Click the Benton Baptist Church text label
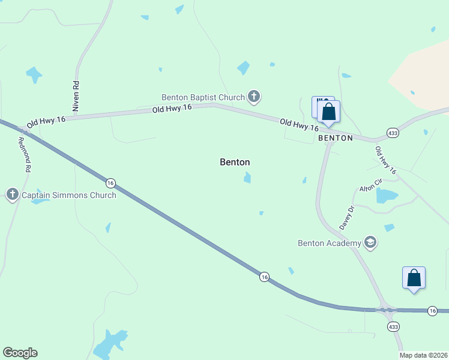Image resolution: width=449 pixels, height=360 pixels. coord(203,97)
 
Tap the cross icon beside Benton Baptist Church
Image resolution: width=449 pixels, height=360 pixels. coord(254,96)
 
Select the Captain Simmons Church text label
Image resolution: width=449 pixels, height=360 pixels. coord(69,195)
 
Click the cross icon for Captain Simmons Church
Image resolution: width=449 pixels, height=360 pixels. coord(13,194)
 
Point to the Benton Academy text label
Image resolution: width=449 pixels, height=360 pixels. coord(330,243)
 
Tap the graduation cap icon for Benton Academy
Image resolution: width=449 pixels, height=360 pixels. coord(370,243)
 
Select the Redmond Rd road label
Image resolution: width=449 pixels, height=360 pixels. coord(24,155)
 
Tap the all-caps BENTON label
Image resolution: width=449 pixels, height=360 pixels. coord(336,138)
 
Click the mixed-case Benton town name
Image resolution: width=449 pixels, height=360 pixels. coord(235,162)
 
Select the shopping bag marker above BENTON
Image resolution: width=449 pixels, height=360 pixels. coord(328,112)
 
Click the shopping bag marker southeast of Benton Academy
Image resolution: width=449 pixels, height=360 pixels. coord(414,278)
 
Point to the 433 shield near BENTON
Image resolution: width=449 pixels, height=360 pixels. coord(393,133)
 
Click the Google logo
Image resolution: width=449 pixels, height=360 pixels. coord(20,353)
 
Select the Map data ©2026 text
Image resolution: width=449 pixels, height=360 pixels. coord(424,355)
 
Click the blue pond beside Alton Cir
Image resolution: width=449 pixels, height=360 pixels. coord(386,196)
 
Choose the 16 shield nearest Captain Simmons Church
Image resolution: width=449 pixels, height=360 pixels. coord(110,182)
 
